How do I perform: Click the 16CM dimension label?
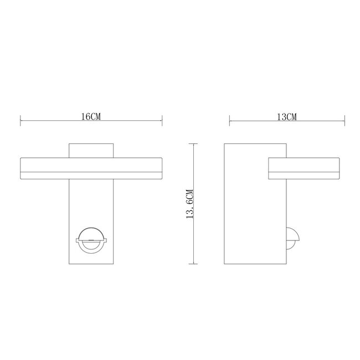pyautogui.click(x=91, y=117)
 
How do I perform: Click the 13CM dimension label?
pyautogui.click(x=287, y=117)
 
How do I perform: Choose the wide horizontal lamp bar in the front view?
pyautogui.click(x=91, y=166)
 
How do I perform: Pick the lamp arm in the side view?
pyautogui.click(x=304, y=166)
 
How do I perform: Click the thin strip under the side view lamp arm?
pyautogui.click(x=304, y=176)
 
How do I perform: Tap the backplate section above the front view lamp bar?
pyautogui.click(x=91, y=151)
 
